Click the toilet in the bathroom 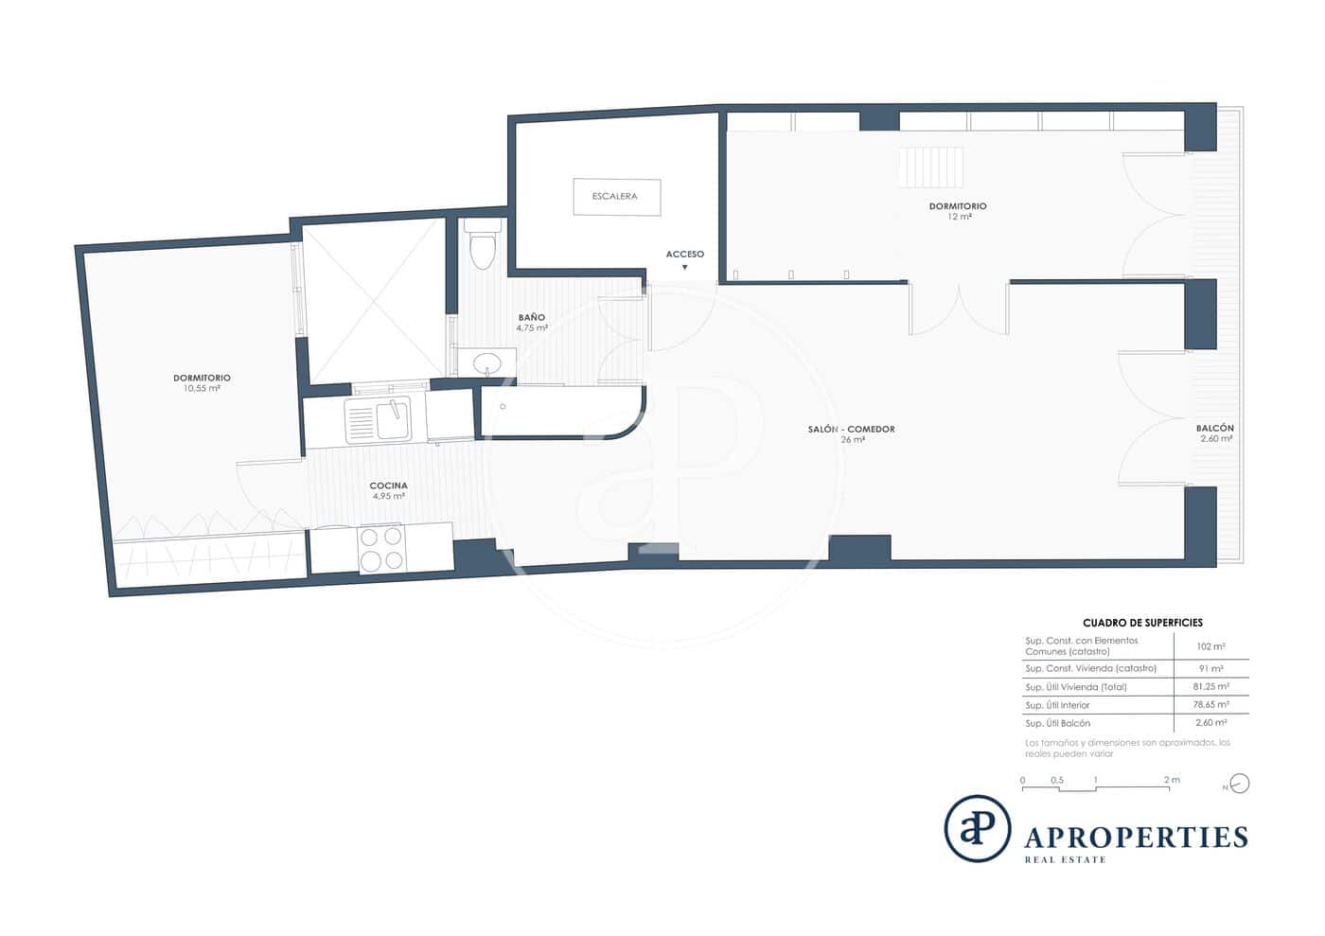[484, 245]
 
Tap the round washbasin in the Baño [488, 363]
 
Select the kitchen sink [379, 420]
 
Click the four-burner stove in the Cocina [381, 549]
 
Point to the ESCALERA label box [616, 197]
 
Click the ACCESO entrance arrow [684, 268]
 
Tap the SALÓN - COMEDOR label [851, 430]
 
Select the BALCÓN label [1216, 428]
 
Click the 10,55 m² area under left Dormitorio [202, 389]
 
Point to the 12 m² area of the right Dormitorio [958, 217]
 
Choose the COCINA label [388, 486]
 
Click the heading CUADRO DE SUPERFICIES [1142, 623]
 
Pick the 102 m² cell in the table [1210, 646]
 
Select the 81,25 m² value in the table [1210, 687]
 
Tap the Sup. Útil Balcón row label [1057, 723]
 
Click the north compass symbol [1239, 784]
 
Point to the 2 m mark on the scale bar [1172, 781]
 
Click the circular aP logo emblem [977, 829]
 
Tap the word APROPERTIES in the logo [1136, 838]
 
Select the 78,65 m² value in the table [1210, 705]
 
